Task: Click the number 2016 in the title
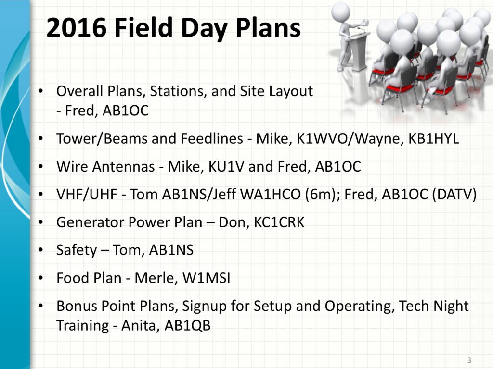(77, 27)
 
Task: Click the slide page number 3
(469, 360)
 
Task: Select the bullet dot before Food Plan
(40, 278)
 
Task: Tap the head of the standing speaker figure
(340, 11)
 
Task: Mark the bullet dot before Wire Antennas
(40, 167)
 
